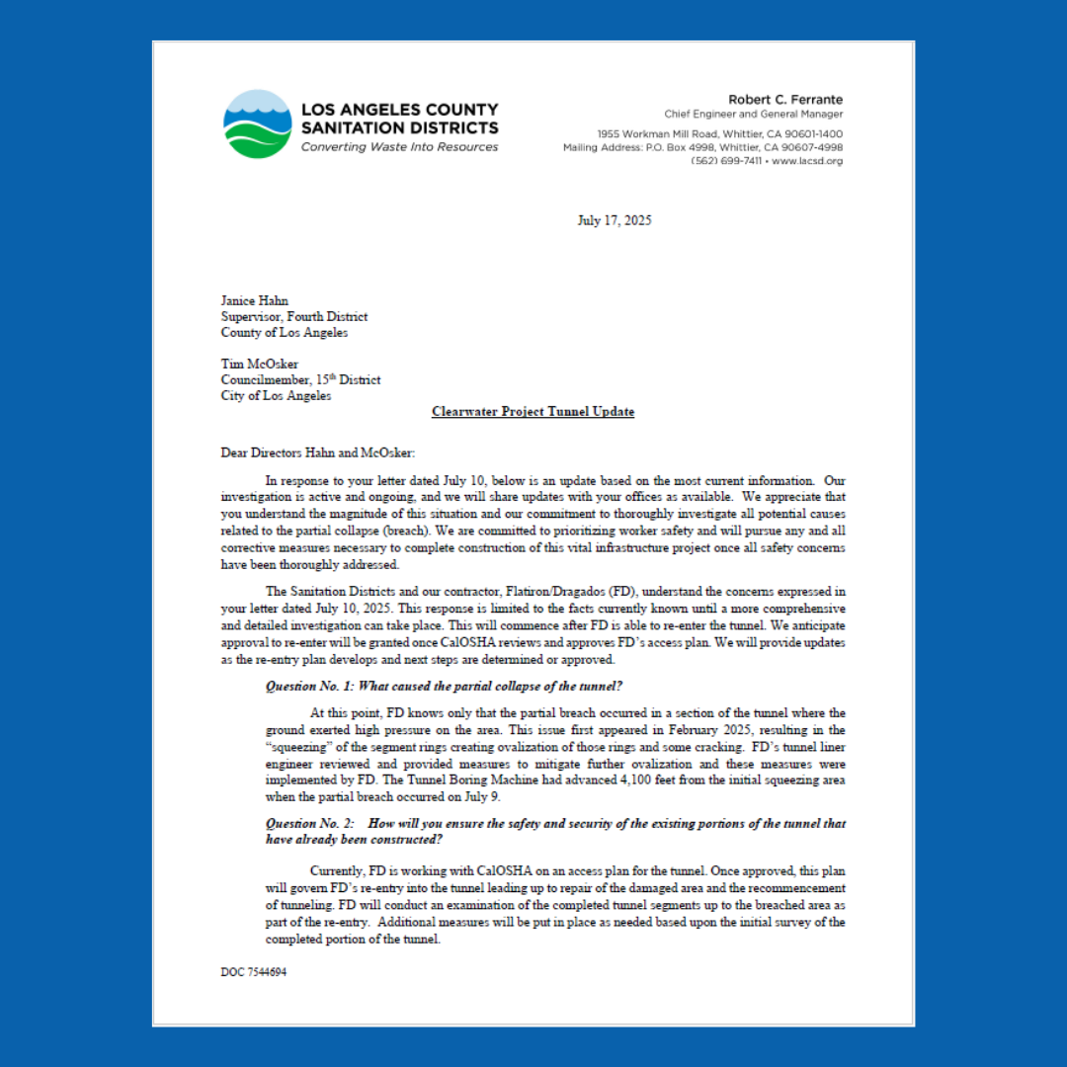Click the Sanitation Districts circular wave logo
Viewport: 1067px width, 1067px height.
click(257, 124)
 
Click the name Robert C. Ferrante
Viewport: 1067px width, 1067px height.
click(785, 100)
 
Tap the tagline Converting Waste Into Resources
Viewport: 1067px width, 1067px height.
click(399, 147)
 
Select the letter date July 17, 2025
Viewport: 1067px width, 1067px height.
click(614, 220)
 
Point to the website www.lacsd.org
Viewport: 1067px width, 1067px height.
click(807, 161)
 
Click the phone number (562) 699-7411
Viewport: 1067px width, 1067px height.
click(726, 161)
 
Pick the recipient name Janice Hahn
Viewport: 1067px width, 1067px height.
click(254, 301)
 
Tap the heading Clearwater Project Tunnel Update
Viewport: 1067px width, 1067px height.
click(533, 412)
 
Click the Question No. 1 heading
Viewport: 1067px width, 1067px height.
click(444, 687)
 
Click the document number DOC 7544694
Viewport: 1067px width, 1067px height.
click(254, 972)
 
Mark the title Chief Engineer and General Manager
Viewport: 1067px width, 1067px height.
click(754, 115)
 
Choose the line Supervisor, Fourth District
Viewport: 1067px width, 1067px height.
click(294, 317)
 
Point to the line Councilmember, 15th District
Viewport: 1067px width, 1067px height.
click(300, 380)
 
